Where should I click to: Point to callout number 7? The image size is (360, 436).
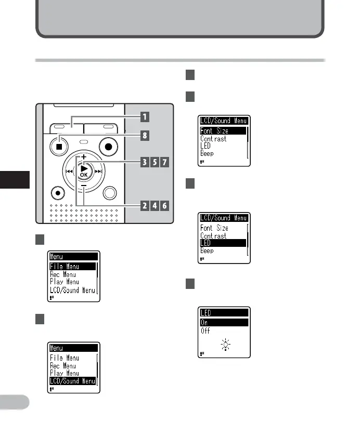click(164, 162)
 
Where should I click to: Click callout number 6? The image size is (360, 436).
click(164, 205)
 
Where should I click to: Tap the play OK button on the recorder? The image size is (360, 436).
click(84, 170)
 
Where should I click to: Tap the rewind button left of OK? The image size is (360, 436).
click(68, 169)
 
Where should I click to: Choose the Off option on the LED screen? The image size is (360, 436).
click(205, 331)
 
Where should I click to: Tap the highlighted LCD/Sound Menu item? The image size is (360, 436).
click(73, 381)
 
